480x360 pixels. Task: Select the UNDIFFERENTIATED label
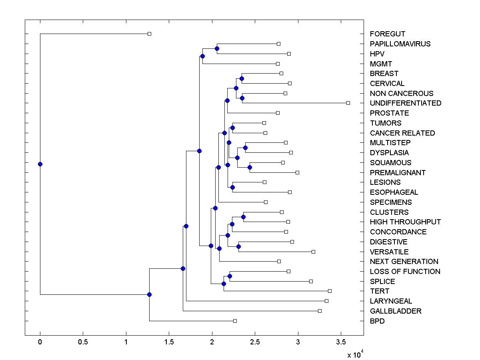coord(406,103)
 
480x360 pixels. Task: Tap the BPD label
coord(377,321)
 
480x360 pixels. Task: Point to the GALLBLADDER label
coord(396,311)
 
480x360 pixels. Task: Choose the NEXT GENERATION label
coord(404,262)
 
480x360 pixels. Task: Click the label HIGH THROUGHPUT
coord(405,222)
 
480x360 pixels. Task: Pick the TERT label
coord(379,291)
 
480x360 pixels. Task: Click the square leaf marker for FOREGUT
coord(149,34)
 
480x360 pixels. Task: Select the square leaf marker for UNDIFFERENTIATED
coord(348,103)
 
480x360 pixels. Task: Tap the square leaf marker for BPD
coord(235,321)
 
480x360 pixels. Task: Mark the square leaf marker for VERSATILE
coord(313,252)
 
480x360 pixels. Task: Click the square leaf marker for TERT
coord(330,291)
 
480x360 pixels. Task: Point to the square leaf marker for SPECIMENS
coord(266,202)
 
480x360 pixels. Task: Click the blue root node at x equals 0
coord(40,164)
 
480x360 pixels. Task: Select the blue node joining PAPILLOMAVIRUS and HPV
coord(217,49)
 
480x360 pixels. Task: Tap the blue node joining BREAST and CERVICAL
coord(242,78)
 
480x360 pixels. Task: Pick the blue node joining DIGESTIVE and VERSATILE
coord(238,246)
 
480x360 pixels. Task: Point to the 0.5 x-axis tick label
coord(83,342)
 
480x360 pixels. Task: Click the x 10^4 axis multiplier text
coord(355,354)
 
